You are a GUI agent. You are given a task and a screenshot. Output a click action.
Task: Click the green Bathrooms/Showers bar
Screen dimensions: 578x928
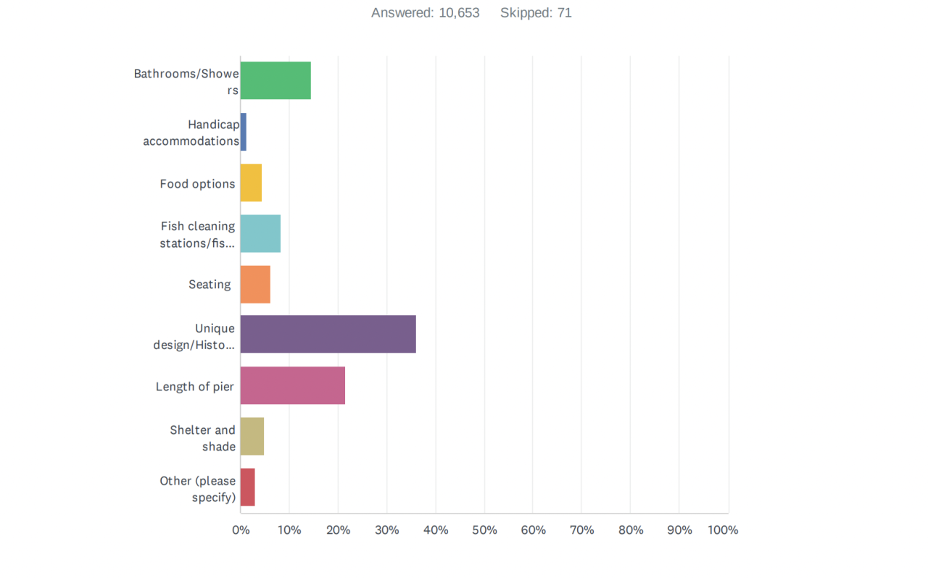coord(275,80)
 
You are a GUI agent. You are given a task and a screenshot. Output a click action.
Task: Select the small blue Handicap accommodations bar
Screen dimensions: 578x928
coord(244,132)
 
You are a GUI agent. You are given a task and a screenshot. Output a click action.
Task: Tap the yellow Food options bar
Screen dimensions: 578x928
coord(251,183)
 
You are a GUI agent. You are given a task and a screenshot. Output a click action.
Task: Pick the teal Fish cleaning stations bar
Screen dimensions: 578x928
coord(260,233)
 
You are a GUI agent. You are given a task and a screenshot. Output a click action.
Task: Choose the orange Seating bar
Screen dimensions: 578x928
coord(255,284)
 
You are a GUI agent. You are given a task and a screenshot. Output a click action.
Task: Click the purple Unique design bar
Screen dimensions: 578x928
coord(328,334)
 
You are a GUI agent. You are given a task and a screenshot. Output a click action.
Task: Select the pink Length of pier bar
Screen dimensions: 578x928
coord(292,385)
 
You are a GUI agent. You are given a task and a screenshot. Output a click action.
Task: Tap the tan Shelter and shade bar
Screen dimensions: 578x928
coord(252,436)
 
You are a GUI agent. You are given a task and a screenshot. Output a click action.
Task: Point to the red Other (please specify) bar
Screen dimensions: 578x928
coord(248,487)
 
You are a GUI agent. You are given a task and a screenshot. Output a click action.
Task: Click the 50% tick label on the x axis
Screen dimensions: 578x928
coord(484,530)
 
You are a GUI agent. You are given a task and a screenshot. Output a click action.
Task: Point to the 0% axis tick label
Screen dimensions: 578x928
coord(241,530)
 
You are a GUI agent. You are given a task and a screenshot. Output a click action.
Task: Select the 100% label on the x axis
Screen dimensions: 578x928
coord(723,530)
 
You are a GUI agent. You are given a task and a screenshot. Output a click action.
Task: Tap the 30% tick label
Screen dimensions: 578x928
coord(387,530)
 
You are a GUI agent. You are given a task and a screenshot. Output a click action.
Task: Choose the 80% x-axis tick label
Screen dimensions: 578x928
coord(631,530)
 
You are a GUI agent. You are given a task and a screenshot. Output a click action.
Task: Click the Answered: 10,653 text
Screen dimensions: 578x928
coord(425,13)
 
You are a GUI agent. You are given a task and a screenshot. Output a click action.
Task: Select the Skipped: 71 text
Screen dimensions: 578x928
coord(536,13)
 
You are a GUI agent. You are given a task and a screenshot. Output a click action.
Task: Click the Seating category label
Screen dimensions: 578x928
coord(210,285)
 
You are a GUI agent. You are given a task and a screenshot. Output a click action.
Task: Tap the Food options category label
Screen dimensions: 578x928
coord(197,184)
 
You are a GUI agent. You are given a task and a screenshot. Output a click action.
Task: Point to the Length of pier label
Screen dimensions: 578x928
coord(194,387)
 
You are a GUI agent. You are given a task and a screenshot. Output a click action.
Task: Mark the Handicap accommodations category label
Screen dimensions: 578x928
coord(191,133)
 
